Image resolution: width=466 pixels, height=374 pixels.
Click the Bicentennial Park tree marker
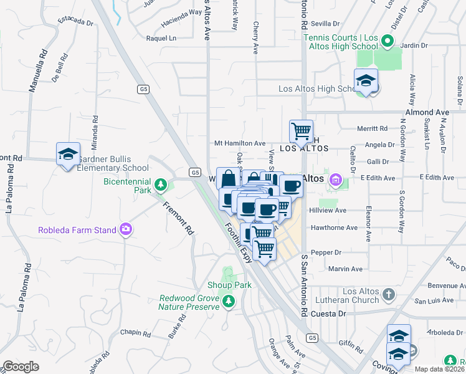pos(161,185)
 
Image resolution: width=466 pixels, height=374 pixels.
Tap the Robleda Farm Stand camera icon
pos(126,229)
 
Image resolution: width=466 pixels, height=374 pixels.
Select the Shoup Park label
pos(230,285)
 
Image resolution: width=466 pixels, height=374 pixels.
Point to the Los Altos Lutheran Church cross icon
pos(388,294)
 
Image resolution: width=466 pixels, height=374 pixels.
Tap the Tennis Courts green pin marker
pos(387,42)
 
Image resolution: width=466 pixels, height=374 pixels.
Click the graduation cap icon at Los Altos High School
pos(366,80)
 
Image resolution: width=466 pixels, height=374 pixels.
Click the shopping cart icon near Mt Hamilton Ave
pos(302,131)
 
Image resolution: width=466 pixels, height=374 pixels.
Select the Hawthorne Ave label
pos(333,228)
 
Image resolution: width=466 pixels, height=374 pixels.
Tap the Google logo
pos(21,367)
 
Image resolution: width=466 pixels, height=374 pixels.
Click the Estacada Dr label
pos(75,22)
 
